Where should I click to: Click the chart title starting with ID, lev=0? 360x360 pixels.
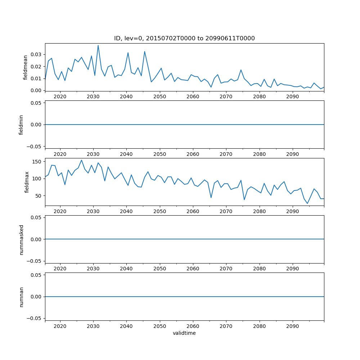[x=184, y=39]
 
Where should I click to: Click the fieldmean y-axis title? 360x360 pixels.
[x=26, y=67]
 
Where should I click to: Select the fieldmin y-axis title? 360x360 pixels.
[x=21, y=125]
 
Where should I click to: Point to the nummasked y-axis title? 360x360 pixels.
[x=21, y=239]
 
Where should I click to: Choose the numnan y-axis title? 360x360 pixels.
[x=21, y=297]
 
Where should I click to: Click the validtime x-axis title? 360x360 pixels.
[x=184, y=333]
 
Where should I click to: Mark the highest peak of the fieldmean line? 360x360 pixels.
[x=98, y=45]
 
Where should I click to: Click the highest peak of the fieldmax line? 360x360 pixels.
[x=81, y=160]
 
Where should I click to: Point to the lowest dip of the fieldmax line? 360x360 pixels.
[x=307, y=203]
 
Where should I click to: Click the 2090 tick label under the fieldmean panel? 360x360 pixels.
[x=292, y=97]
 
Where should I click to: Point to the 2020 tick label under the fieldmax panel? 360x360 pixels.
[x=60, y=212]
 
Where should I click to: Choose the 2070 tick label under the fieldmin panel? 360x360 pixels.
[x=226, y=154]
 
